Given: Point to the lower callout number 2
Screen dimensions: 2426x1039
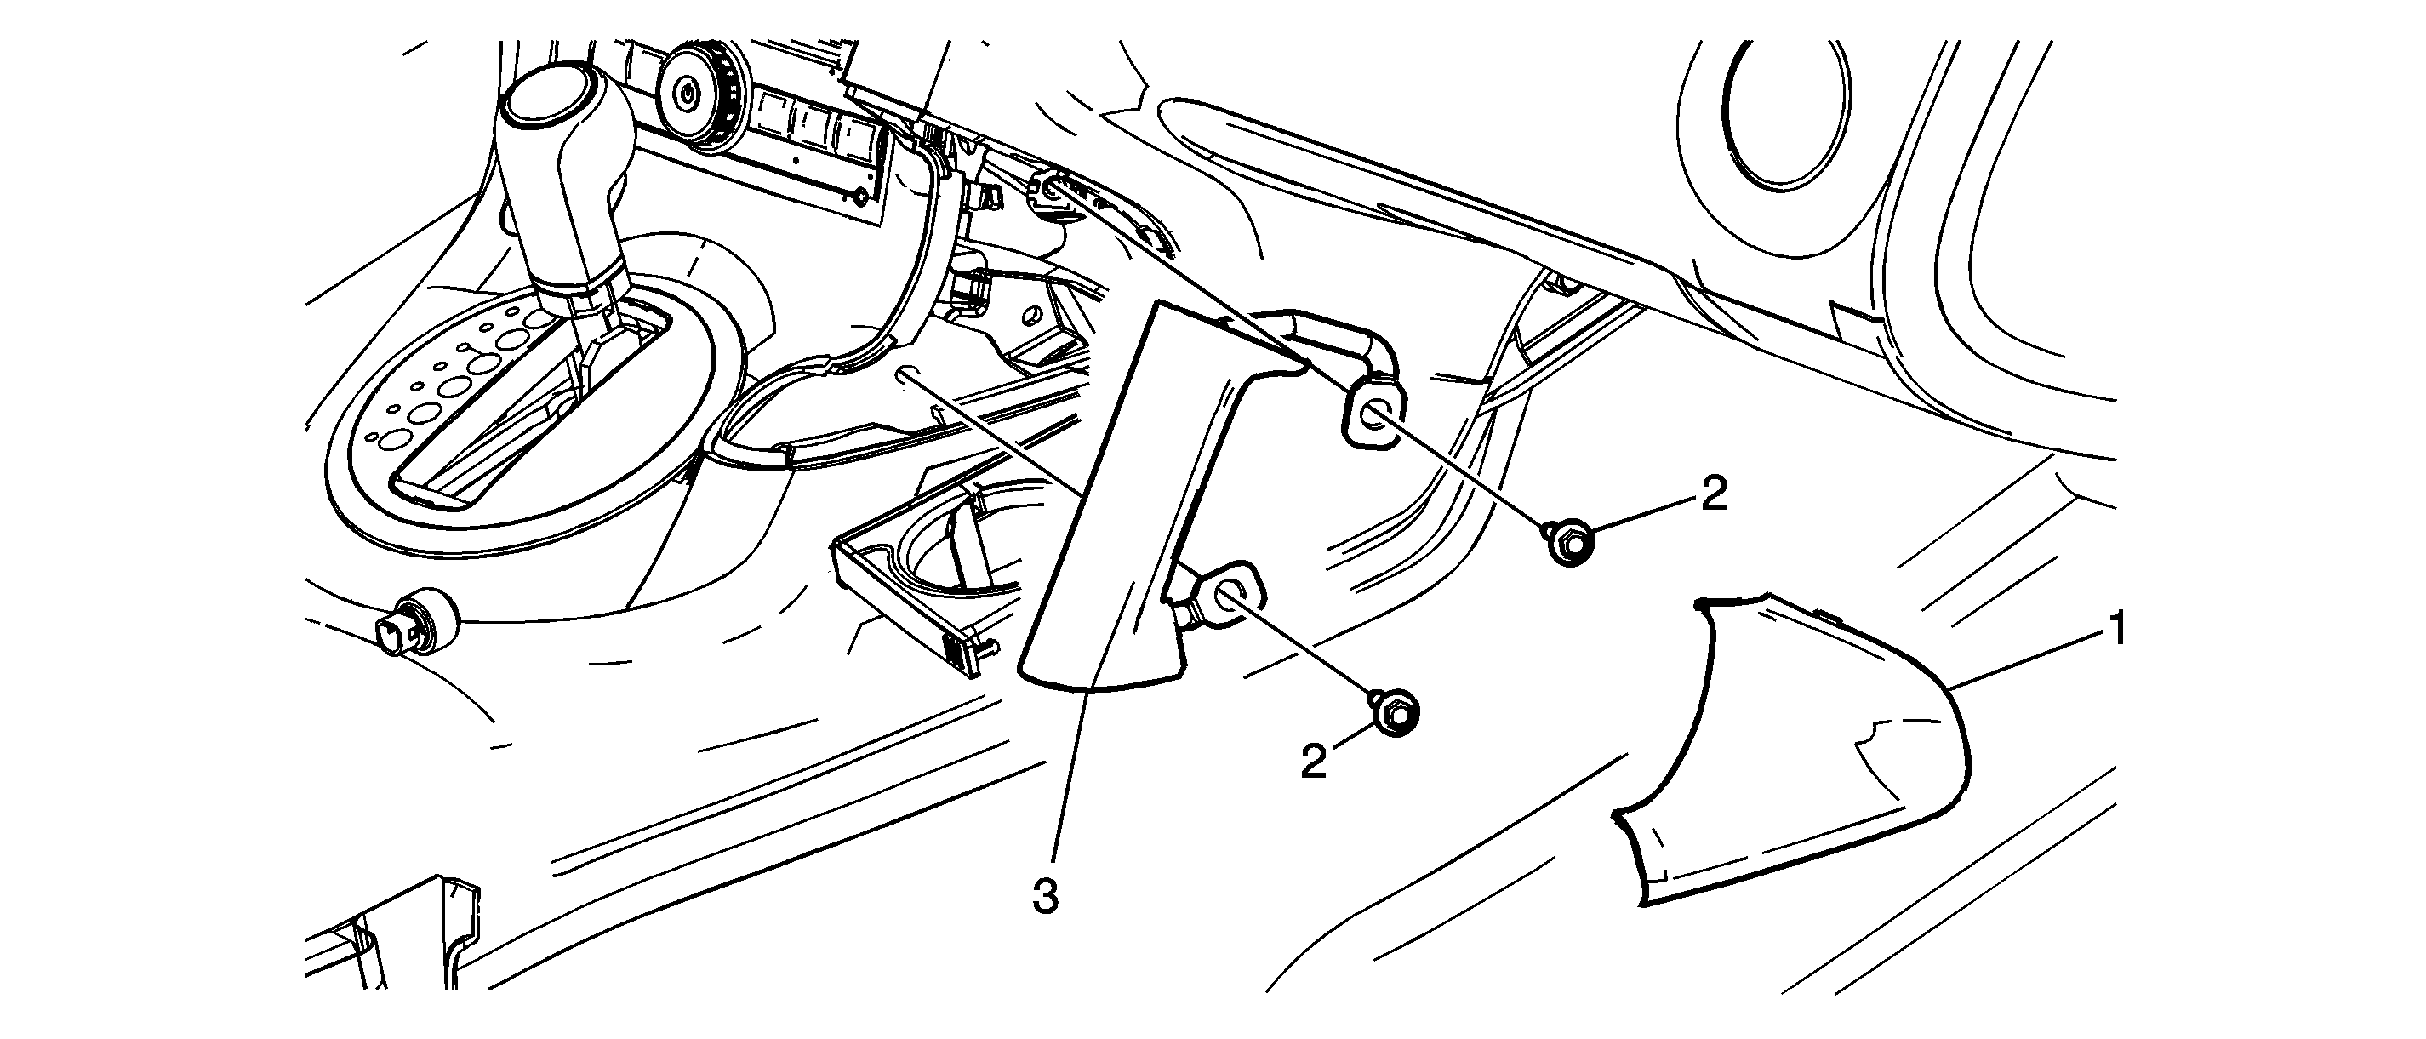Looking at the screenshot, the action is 1315,760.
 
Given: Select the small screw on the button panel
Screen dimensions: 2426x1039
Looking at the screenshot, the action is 858,197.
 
